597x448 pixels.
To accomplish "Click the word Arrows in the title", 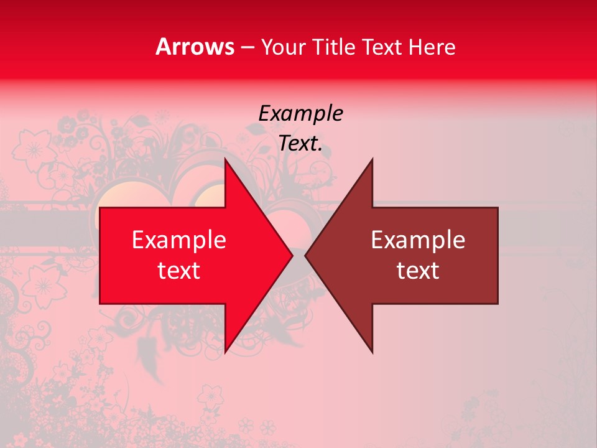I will coord(195,47).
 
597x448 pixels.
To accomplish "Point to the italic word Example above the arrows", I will coord(300,114).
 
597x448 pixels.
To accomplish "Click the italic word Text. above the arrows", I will coord(300,144).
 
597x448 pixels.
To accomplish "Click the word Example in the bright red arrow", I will coord(179,240).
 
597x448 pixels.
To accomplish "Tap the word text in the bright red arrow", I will coord(179,271).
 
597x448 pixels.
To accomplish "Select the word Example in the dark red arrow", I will coord(418,240).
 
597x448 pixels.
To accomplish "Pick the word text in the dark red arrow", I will coord(418,271).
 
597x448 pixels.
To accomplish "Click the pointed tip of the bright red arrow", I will coord(293,256).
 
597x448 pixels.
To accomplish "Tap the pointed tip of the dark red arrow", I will coord(305,256).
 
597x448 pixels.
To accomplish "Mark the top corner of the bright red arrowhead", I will coord(225,159).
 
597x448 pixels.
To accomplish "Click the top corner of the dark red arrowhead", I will coord(373,159).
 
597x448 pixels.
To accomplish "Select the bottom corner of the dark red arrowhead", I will coord(373,353).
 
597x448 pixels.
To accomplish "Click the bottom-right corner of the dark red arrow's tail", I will coord(497,304).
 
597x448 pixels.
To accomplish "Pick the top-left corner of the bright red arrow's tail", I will coord(100,208).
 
